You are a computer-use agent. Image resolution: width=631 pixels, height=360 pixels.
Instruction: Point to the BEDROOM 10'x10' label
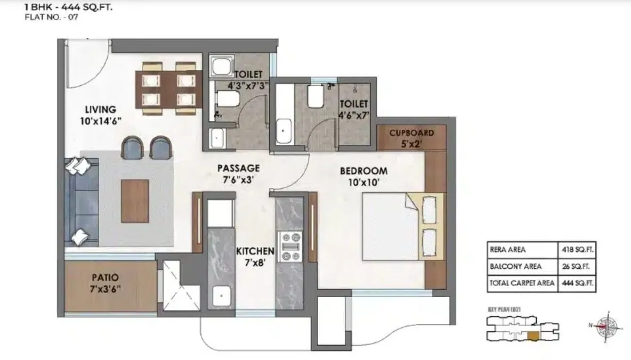363,176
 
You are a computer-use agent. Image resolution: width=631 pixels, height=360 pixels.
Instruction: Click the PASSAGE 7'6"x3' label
238,174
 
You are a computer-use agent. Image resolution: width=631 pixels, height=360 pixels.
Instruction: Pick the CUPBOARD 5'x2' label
411,137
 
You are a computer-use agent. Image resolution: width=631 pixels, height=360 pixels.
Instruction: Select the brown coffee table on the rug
135,201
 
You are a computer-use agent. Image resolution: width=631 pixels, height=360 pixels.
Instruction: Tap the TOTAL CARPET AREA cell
521,283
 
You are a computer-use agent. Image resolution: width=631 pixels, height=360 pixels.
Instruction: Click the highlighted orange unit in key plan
533,335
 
